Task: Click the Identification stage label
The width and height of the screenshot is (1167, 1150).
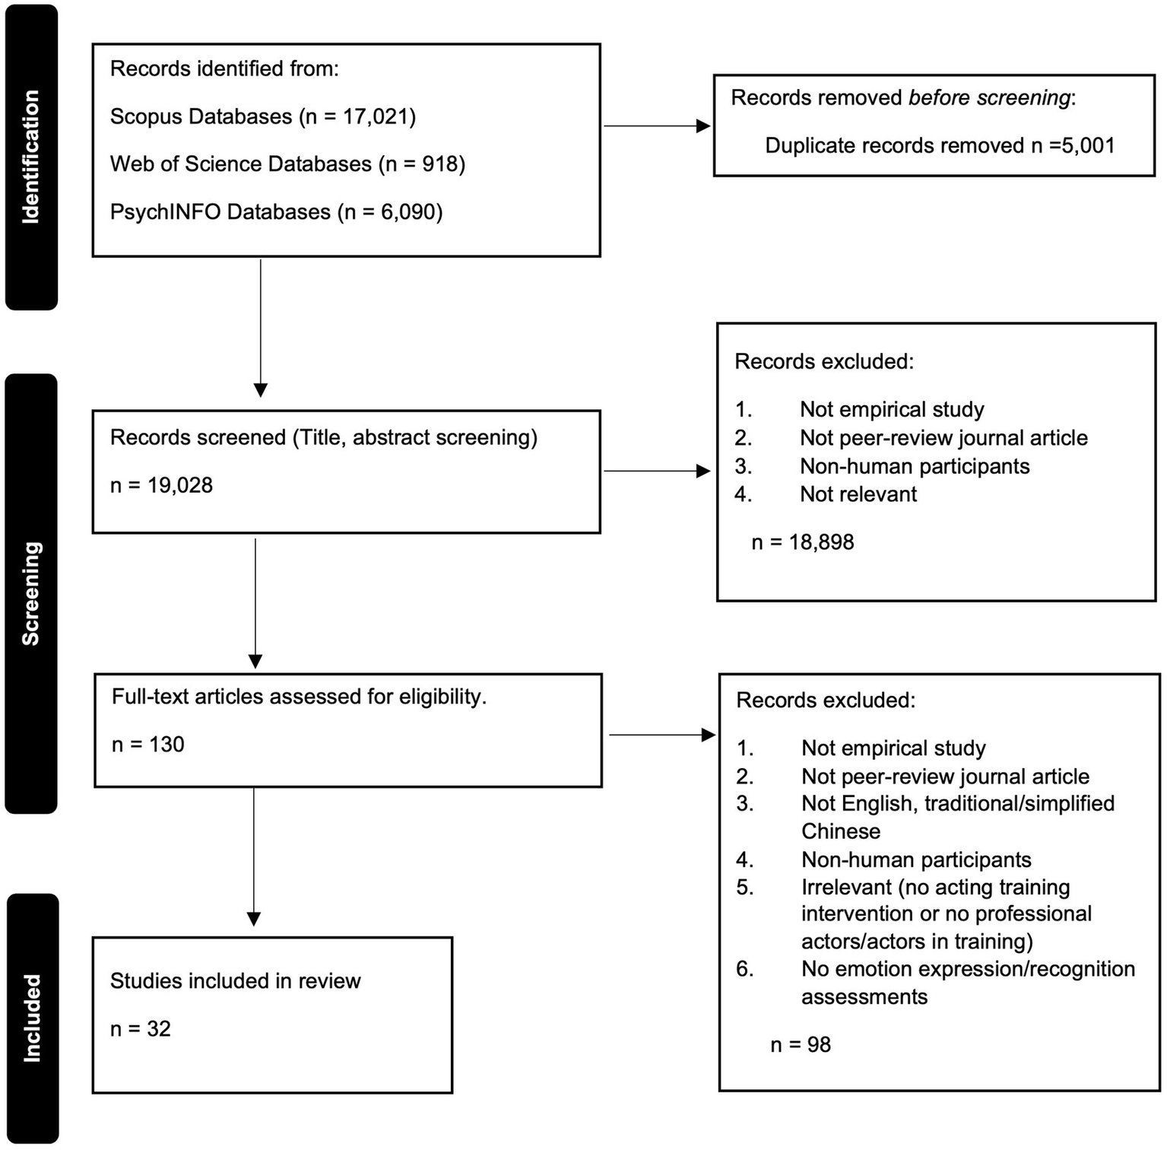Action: pyautogui.click(x=31, y=157)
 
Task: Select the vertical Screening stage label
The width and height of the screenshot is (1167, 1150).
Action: pyautogui.click(x=31, y=593)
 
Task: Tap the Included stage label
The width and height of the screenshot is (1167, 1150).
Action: pyautogui.click(x=32, y=1018)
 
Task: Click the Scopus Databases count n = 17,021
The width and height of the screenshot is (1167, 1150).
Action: pyautogui.click(x=357, y=116)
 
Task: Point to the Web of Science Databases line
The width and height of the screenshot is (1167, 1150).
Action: pyautogui.click(x=287, y=164)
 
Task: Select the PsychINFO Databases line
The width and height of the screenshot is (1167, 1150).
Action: pyautogui.click(x=276, y=212)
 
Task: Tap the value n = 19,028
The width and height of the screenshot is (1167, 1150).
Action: pyautogui.click(x=161, y=485)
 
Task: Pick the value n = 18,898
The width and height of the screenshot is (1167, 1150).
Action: pyautogui.click(x=803, y=542)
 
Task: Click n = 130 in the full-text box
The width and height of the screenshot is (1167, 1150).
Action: pyautogui.click(x=148, y=745)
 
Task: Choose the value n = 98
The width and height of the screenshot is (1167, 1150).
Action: pyautogui.click(x=801, y=1045)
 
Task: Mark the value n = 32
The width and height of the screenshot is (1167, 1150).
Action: pyautogui.click(x=141, y=1029)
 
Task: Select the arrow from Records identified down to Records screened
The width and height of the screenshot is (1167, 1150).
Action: pyautogui.click(x=260, y=327)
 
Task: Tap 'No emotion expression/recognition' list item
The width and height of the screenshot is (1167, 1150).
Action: pyautogui.click(x=968, y=969)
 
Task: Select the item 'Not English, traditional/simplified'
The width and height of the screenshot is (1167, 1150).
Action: pyautogui.click(x=958, y=804)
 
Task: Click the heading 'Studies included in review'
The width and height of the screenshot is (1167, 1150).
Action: pyautogui.click(x=235, y=981)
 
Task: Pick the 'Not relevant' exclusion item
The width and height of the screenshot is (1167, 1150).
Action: pyautogui.click(x=858, y=494)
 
